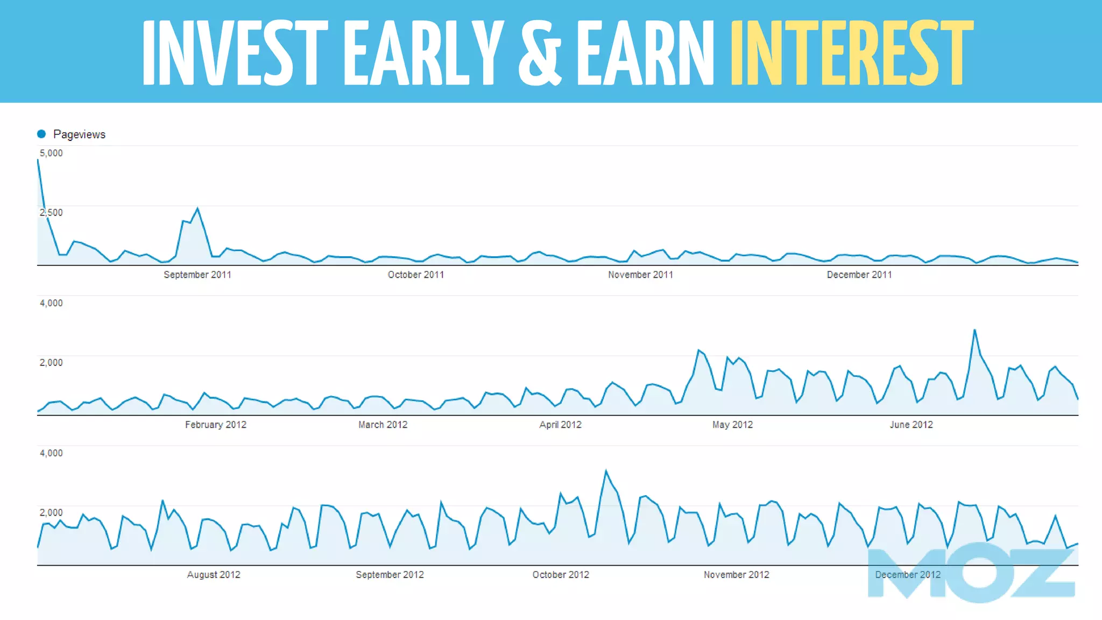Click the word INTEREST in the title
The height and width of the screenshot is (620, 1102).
(x=851, y=53)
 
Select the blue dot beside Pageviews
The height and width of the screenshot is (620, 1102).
(x=41, y=134)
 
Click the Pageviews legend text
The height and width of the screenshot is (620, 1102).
(x=79, y=135)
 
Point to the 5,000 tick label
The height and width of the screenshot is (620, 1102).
(x=51, y=153)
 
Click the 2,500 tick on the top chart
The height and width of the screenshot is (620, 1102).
(x=51, y=213)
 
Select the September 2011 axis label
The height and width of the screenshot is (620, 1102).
(x=197, y=275)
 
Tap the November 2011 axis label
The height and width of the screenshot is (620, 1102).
(x=640, y=275)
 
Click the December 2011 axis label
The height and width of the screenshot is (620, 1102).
(x=859, y=275)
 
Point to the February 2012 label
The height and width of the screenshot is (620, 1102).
(x=215, y=425)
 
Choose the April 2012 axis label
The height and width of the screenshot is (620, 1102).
(x=560, y=425)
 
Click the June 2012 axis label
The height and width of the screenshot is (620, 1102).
(x=911, y=425)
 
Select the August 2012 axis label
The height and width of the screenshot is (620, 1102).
(x=213, y=575)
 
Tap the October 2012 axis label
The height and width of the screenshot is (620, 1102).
(x=560, y=575)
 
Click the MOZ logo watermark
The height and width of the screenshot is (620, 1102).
(x=971, y=573)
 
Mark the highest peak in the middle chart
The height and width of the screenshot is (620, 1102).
(x=974, y=330)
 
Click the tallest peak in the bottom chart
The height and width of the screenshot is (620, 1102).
(x=606, y=471)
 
